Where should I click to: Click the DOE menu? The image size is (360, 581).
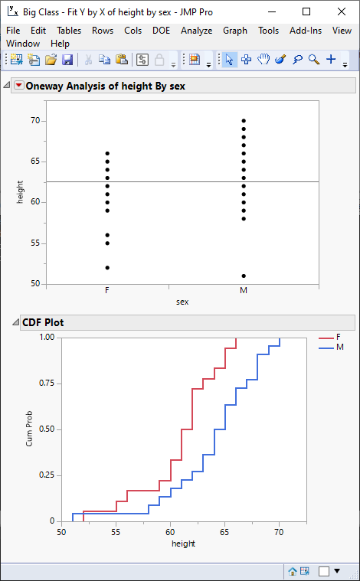tap(161, 31)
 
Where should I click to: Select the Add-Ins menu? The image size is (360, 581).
tap(306, 31)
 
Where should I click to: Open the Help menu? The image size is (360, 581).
tap(60, 44)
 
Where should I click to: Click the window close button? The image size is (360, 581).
tap(341, 12)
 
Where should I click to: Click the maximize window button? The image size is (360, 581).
tap(306, 12)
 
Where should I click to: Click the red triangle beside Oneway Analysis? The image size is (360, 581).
tap(19, 86)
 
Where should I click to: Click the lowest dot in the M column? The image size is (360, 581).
tap(244, 276)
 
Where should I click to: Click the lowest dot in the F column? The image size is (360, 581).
tap(107, 267)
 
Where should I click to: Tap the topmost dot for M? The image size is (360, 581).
tap(244, 121)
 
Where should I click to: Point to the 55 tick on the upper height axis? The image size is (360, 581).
tap(35, 243)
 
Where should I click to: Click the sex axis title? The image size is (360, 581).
tap(182, 302)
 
